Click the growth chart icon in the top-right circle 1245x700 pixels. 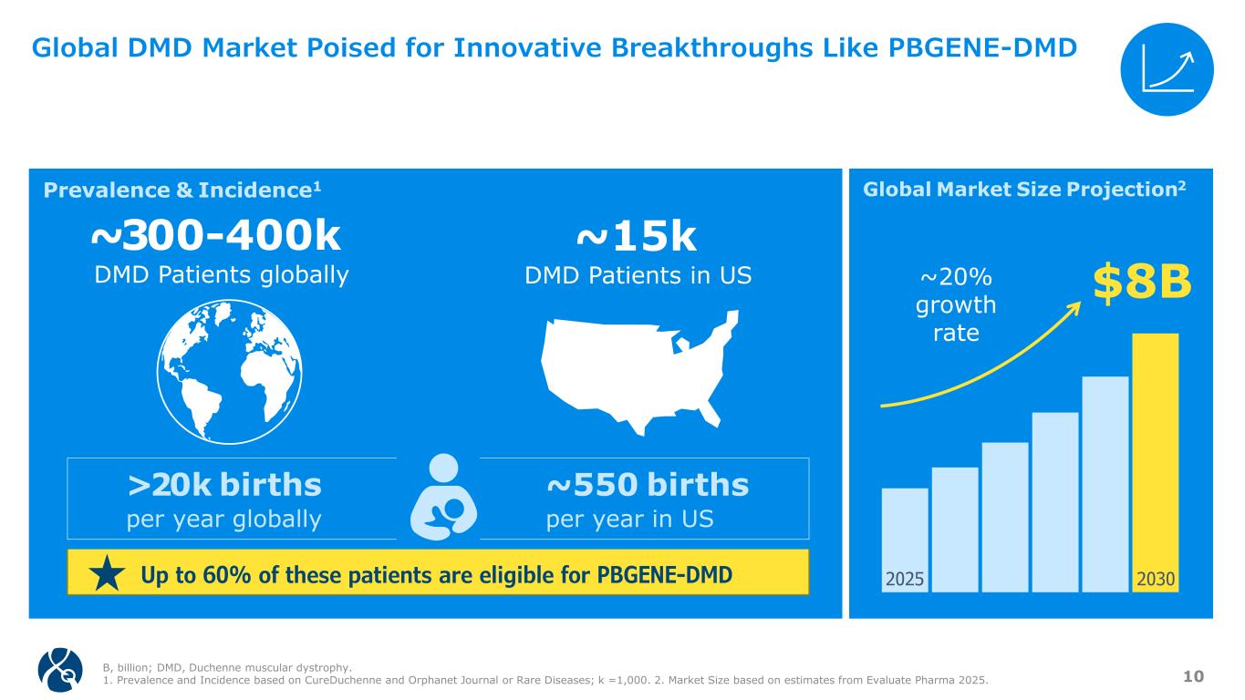coord(1167,68)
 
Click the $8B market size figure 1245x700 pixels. coord(1143,283)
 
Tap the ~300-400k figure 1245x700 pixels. coord(216,238)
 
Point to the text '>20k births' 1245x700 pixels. coord(224,485)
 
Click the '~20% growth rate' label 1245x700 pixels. coord(955,304)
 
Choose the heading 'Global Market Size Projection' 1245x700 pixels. coord(1023,190)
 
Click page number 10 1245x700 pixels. coord(1193,675)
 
